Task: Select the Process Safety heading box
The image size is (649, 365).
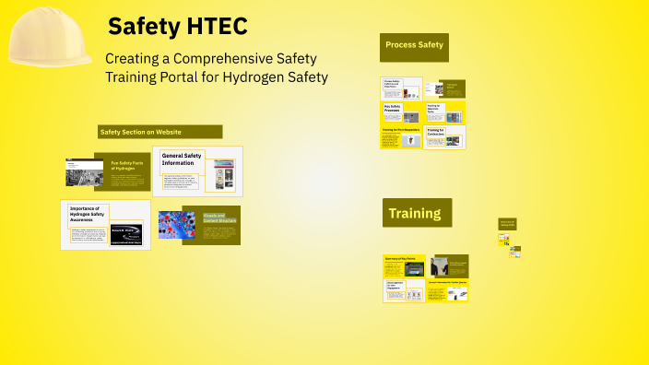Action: point(414,45)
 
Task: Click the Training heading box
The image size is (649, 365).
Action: point(417,213)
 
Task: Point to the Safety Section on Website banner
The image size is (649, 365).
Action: point(160,132)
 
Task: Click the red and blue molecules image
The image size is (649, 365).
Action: point(176,225)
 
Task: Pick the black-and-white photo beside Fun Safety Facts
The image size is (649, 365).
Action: point(84,171)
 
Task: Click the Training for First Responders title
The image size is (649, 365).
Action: point(401,130)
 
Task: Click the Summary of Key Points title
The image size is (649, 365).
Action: point(402,258)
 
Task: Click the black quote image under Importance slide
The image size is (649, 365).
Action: point(126,235)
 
